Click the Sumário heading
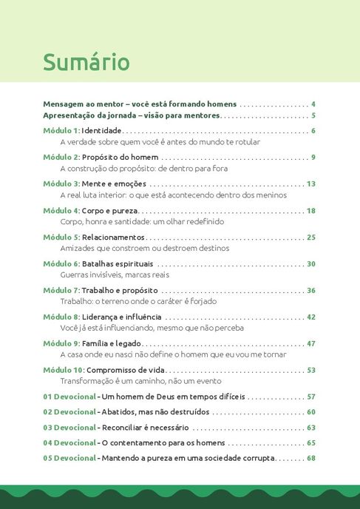(x=86, y=62)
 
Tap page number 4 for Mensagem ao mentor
(x=313, y=104)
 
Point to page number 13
(x=311, y=183)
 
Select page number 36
(x=311, y=290)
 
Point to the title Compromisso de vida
(x=129, y=370)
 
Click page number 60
(x=311, y=412)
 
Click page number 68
(x=311, y=459)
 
